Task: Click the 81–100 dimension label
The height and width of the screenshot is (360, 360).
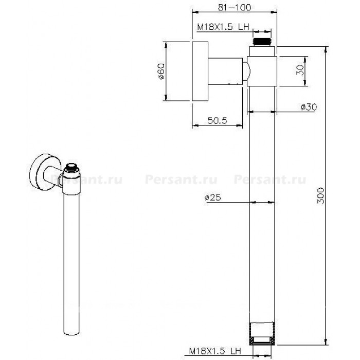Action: pyautogui.click(x=234, y=8)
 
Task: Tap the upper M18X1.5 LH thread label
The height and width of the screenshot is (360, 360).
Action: pyautogui.click(x=223, y=27)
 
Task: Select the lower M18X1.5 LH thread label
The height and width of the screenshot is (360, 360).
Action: pyautogui.click(x=215, y=351)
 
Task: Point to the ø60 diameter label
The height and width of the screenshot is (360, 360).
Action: pyautogui.click(x=161, y=71)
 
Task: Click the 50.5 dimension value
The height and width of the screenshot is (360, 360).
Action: pyautogui.click(x=217, y=120)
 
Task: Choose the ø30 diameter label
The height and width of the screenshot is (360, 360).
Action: pyautogui.click(x=309, y=107)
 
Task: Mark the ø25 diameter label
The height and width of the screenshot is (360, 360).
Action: pyautogui.click(x=212, y=197)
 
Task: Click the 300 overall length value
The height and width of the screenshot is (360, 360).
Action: pyautogui.click(x=321, y=195)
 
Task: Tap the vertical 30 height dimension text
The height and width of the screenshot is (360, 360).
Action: pyautogui.click(x=300, y=69)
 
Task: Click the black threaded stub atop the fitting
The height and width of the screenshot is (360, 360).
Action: pyautogui.click(x=262, y=41)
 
